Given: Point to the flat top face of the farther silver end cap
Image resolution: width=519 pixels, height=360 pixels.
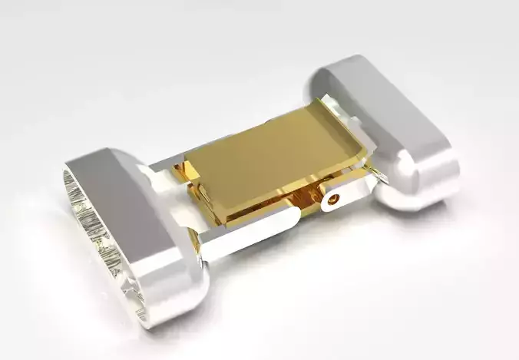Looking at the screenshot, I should (x=392, y=108).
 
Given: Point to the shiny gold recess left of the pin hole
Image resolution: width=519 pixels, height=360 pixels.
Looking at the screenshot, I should (x=307, y=201).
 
